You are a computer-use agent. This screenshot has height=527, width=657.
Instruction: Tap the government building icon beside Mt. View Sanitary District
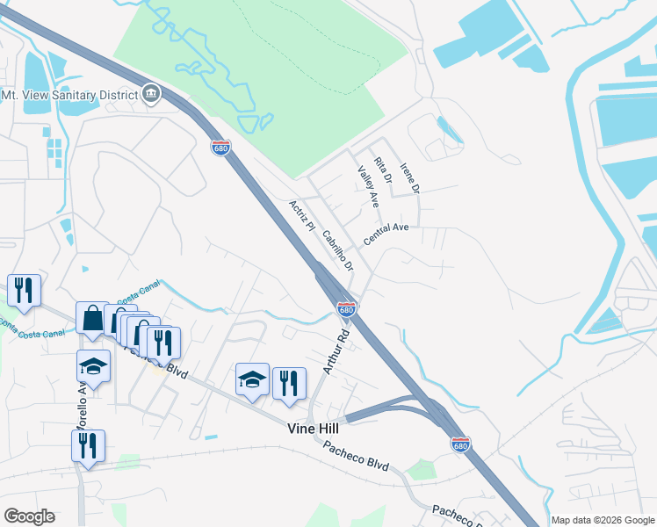[x=151, y=95]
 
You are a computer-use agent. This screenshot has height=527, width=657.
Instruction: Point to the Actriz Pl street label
[x=301, y=215]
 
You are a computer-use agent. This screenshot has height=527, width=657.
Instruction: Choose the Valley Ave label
[x=368, y=186]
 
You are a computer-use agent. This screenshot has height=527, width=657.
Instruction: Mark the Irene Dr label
[x=410, y=178]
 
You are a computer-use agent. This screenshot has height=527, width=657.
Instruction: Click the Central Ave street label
[x=386, y=227]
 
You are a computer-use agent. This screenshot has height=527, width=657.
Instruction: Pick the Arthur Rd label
[x=336, y=351]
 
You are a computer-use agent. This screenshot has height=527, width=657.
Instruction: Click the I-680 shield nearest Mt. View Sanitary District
[x=221, y=148]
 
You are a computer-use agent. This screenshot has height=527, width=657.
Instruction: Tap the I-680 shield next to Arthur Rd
[x=347, y=309]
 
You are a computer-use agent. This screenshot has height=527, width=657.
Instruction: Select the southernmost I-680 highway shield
[x=460, y=444]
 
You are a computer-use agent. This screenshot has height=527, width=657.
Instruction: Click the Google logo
[x=29, y=516]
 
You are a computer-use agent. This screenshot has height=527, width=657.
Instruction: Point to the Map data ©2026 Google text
[x=602, y=520]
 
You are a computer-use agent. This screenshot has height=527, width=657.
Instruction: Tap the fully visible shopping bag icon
[x=92, y=318]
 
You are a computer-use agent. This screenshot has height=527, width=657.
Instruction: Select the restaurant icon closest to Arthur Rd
[x=289, y=383]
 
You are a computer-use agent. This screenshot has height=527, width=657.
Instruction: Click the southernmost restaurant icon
[x=88, y=445]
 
